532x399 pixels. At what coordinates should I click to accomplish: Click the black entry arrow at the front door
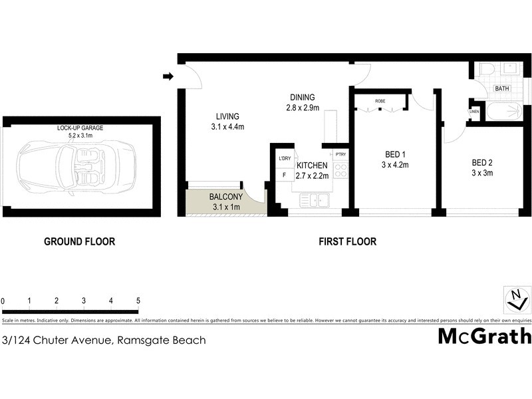pos(168,76)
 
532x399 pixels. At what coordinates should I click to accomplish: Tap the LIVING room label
pos(227,115)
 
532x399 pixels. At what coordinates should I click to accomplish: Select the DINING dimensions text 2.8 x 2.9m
pos(302,108)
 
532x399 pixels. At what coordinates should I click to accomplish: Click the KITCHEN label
pos(312,165)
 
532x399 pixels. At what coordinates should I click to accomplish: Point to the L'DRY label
pos(284,158)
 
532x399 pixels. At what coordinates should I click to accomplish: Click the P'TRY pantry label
pos(340,155)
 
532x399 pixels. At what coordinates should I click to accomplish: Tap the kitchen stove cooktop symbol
pos(340,169)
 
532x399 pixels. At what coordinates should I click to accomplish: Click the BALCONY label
pos(225,197)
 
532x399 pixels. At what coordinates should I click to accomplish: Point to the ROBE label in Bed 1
pos(380,101)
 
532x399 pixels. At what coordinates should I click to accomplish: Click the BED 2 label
pos(482,162)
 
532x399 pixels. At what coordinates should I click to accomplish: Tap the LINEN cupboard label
pos(474,111)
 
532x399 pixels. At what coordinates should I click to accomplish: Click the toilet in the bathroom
pos(485,70)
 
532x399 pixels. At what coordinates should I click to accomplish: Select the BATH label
pos(501,88)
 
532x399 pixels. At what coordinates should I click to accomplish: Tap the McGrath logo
pos(484,336)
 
